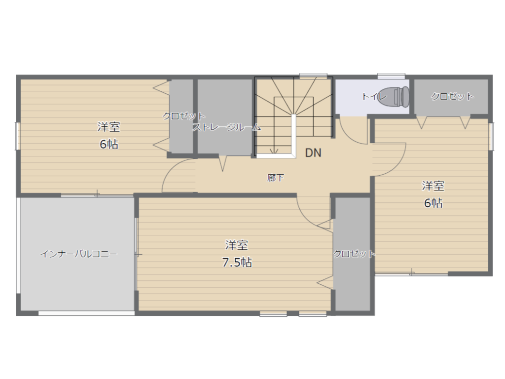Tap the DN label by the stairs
[313, 153]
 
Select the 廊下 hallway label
[276, 178]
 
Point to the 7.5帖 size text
[237, 263]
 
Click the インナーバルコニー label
[78, 254]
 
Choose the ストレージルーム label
[226, 127]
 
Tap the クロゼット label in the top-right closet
[453, 96]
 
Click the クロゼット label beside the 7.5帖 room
[354, 254]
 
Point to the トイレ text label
[374, 96]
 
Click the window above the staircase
[313, 76]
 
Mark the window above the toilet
[391, 76]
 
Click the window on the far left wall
[17, 136]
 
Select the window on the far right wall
[491, 136]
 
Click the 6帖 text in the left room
[109, 144]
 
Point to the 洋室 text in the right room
[433, 186]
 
